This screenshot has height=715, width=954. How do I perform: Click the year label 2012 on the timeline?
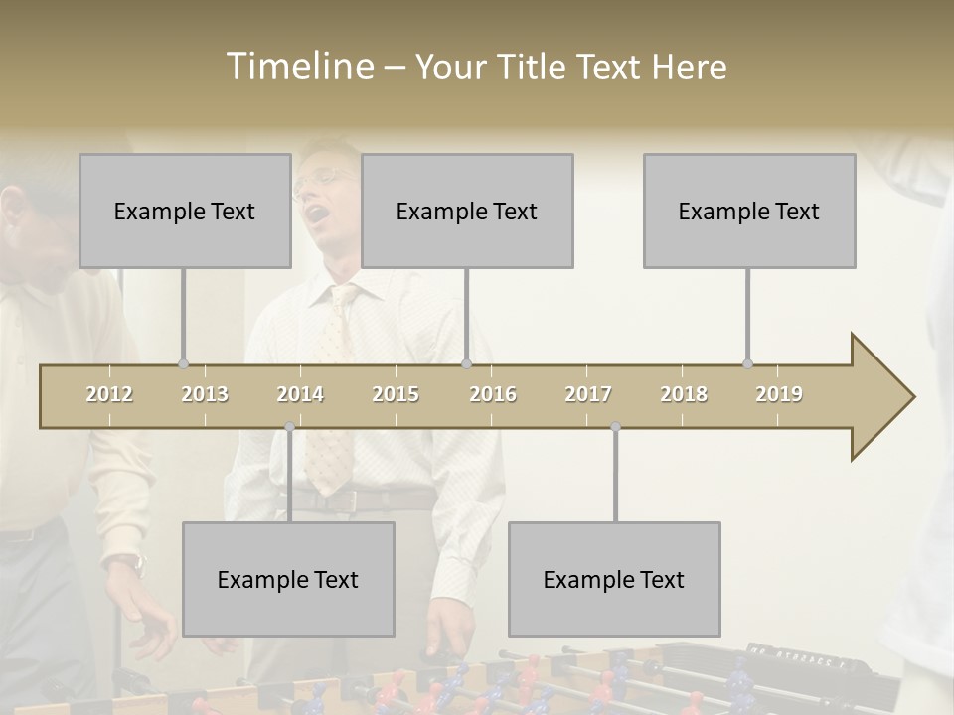pyautogui.click(x=109, y=394)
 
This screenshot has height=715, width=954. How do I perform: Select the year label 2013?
pyautogui.click(x=205, y=394)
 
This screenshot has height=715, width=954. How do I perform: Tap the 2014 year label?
pyautogui.click(x=300, y=394)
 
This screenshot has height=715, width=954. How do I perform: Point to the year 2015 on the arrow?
pyautogui.click(x=396, y=394)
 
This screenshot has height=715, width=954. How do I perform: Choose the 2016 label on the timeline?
pyautogui.click(x=493, y=394)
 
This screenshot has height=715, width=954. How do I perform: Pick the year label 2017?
pyautogui.click(x=588, y=394)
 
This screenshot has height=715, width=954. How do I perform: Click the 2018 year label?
pyautogui.click(x=684, y=394)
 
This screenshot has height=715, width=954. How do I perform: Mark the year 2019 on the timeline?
pyautogui.click(x=779, y=394)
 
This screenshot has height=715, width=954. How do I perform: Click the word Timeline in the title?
pyautogui.click(x=298, y=67)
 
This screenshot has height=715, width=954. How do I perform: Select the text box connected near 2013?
pyautogui.click(x=185, y=211)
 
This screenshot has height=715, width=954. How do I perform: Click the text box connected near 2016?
pyautogui.click(x=467, y=211)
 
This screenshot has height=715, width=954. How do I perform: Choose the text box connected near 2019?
pyautogui.click(x=749, y=211)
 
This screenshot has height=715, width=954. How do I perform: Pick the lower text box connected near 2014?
pyautogui.click(x=288, y=579)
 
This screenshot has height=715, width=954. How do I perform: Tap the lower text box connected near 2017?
pyautogui.click(x=614, y=579)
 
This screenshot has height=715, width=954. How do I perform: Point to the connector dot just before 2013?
pyautogui.click(x=183, y=363)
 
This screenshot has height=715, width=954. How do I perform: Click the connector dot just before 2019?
pyautogui.click(x=747, y=363)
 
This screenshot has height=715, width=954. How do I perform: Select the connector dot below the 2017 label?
pyautogui.click(x=615, y=427)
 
